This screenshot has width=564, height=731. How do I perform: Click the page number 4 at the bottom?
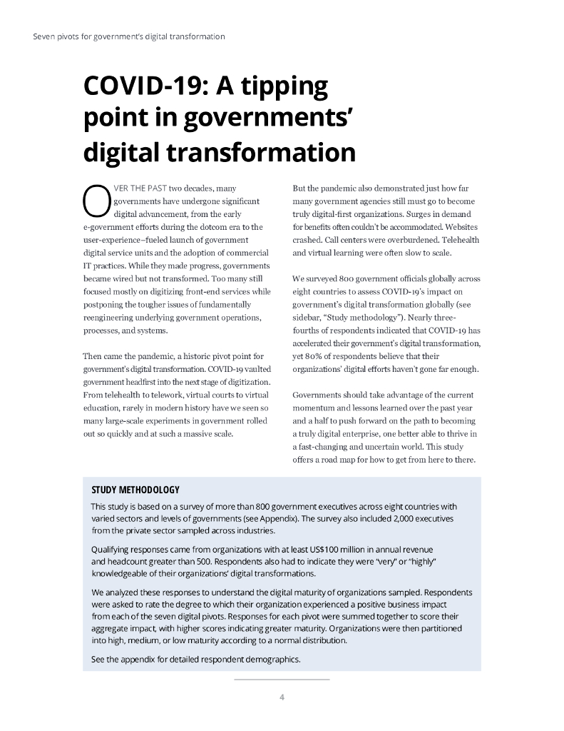tap(282, 697)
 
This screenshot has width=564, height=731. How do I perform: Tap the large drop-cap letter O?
tap(95, 201)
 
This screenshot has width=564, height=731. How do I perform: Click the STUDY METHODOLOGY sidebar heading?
tap(135, 490)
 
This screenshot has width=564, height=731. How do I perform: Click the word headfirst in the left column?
tap(148, 382)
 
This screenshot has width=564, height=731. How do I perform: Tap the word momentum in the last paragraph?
tap(316, 408)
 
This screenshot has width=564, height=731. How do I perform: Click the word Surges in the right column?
tap(424, 214)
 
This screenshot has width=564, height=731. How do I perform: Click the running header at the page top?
tap(129, 36)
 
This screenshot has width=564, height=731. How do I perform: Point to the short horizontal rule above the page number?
tap(282, 679)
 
